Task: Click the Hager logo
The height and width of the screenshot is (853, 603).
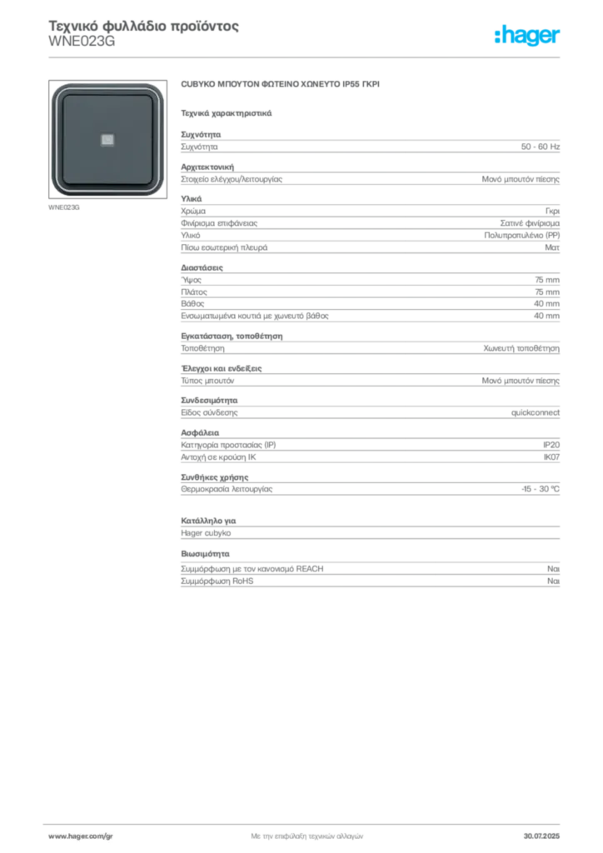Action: (x=527, y=36)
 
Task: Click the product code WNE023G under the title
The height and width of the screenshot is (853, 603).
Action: (x=82, y=42)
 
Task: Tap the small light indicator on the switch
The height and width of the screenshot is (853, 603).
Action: (x=107, y=140)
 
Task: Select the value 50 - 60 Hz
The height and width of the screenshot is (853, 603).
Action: (x=540, y=147)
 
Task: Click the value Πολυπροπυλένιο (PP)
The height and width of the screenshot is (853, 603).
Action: (x=521, y=236)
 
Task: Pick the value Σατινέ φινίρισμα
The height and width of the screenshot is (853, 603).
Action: (x=530, y=223)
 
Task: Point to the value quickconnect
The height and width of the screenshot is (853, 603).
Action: (x=535, y=413)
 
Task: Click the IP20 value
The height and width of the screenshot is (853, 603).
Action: (x=551, y=445)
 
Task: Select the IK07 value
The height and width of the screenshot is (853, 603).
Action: (x=551, y=457)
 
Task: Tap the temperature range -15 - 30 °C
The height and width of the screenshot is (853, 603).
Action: (x=540, y=489)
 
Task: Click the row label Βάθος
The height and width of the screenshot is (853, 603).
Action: (x=192, y=303)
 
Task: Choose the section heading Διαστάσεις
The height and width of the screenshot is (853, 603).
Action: (x=202, y=267)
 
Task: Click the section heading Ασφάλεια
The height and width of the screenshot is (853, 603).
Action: (x=200, y=433)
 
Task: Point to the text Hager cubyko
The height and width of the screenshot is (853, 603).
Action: (x=206, y=533)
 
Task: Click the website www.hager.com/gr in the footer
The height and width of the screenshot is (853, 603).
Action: (x=81, y=836)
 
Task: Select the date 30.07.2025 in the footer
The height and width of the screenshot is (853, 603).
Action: (x=541, y=836)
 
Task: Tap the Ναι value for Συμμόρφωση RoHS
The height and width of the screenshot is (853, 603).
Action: (x=553, y=581)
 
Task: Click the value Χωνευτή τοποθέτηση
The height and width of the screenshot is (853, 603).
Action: (x=521, y=349)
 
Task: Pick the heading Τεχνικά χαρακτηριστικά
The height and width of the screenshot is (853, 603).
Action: (x=227, y=113)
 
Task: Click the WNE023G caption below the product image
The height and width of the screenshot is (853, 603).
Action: (x=63, y=207)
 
